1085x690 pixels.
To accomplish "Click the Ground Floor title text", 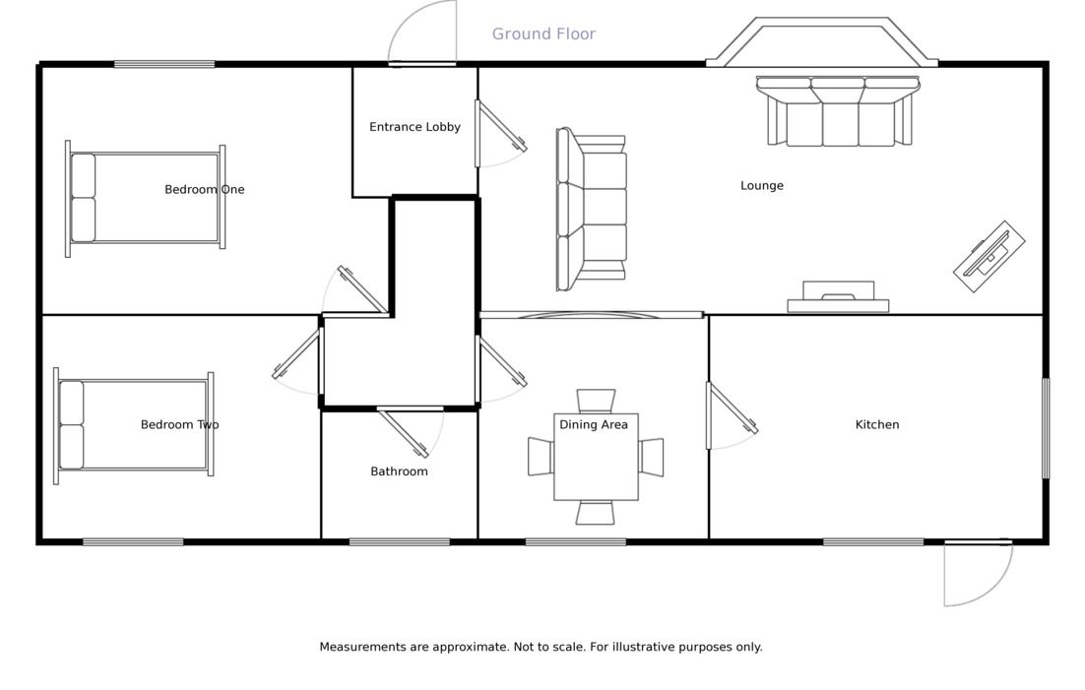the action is click(x=543, y=34).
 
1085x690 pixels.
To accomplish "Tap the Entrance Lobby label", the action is click(x=415, y=127).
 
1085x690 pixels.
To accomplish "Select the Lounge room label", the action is click(x=761, y=185).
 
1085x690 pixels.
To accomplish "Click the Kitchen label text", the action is click(x=876, y=424).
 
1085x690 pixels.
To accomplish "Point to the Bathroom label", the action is click(x=399, y=471).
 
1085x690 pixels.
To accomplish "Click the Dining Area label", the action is click(x=593, y=424).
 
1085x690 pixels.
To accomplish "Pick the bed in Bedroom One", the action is click(x=145, y=198).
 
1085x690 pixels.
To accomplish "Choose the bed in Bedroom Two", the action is click(x=133, y=425).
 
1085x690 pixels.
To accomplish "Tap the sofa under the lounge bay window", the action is click(x=838, y=112).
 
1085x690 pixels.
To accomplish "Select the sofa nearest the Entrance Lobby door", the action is click(x=592, y=210).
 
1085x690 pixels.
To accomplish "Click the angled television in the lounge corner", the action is click(x=989, y=256).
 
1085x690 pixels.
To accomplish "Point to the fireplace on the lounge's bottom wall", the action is click(x=838, y=298).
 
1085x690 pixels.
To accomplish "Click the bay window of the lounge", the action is click(x=822, y=42).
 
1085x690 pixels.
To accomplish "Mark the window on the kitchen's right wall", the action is click(x=1046, y=428).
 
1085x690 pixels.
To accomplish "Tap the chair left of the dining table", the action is click(x=541, y=457).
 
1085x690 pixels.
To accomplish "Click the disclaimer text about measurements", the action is click(x=541, y=647).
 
